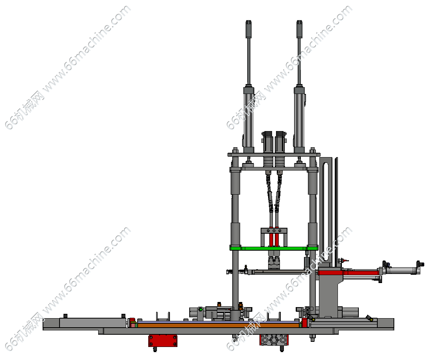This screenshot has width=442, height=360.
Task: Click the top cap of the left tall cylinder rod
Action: tap(248, 29)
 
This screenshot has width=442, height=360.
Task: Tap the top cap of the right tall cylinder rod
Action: tap(299, 29)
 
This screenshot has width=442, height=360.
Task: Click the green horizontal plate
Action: tap(274, 249)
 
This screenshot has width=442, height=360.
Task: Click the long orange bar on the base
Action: tap(218, 325)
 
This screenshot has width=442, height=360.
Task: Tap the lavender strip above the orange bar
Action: tap(218, 322)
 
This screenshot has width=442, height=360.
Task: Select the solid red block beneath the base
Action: tap(163, 341)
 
